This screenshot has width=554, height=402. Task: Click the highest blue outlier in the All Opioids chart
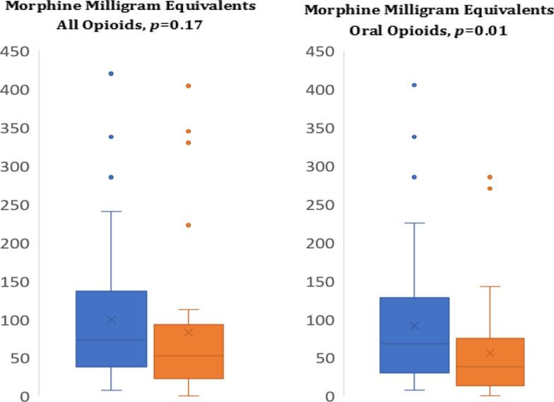click(111, 73)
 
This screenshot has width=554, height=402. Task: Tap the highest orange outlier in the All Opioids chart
click(188, 86)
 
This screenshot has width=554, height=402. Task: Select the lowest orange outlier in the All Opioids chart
click(188, 225)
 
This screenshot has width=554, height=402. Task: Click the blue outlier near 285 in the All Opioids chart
click(111, 177)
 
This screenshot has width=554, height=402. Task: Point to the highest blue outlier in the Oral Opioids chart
click(414, 85)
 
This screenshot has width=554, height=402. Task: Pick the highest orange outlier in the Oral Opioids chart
click(490, 177)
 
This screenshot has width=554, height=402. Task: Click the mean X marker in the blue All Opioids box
click(111, 319)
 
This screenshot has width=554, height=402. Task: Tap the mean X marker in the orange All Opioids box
click(188, 332)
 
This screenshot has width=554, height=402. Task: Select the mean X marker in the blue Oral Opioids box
click(414, 326)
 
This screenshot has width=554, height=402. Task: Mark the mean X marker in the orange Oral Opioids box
click(490, 353)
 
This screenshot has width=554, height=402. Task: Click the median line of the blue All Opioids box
click(111, 340)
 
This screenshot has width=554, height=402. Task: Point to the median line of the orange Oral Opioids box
click(490, 367)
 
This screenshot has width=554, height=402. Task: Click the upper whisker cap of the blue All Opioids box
click(111, 212)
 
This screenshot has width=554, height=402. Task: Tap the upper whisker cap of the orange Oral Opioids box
click(490, 286)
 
